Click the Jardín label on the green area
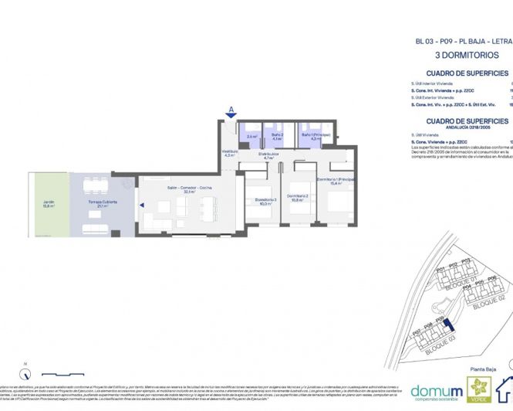point(49,205)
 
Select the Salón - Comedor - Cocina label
point(181,189)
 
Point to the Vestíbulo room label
point(229,153)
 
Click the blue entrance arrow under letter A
point(231,117)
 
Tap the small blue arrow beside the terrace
point(141,205)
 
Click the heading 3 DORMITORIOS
point(467,56)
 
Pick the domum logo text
point(437,391)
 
